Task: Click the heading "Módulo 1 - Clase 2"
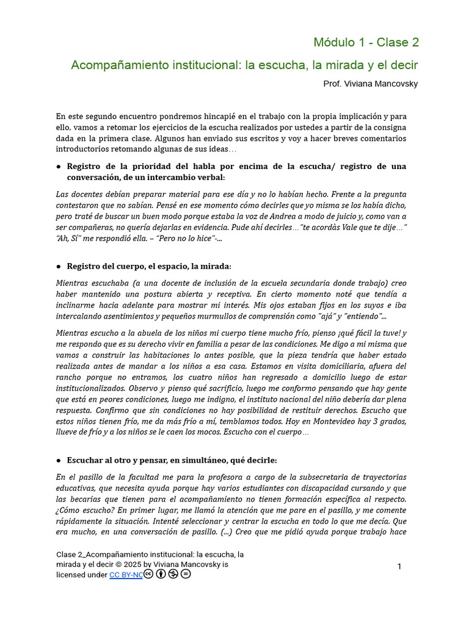click(366, 43)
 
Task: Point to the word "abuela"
click(150, 333)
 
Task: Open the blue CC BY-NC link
click(126, 575)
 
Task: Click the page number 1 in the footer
click(399, 567)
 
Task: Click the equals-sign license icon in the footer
click(186, 574)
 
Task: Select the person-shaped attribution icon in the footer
click(161, 574)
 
